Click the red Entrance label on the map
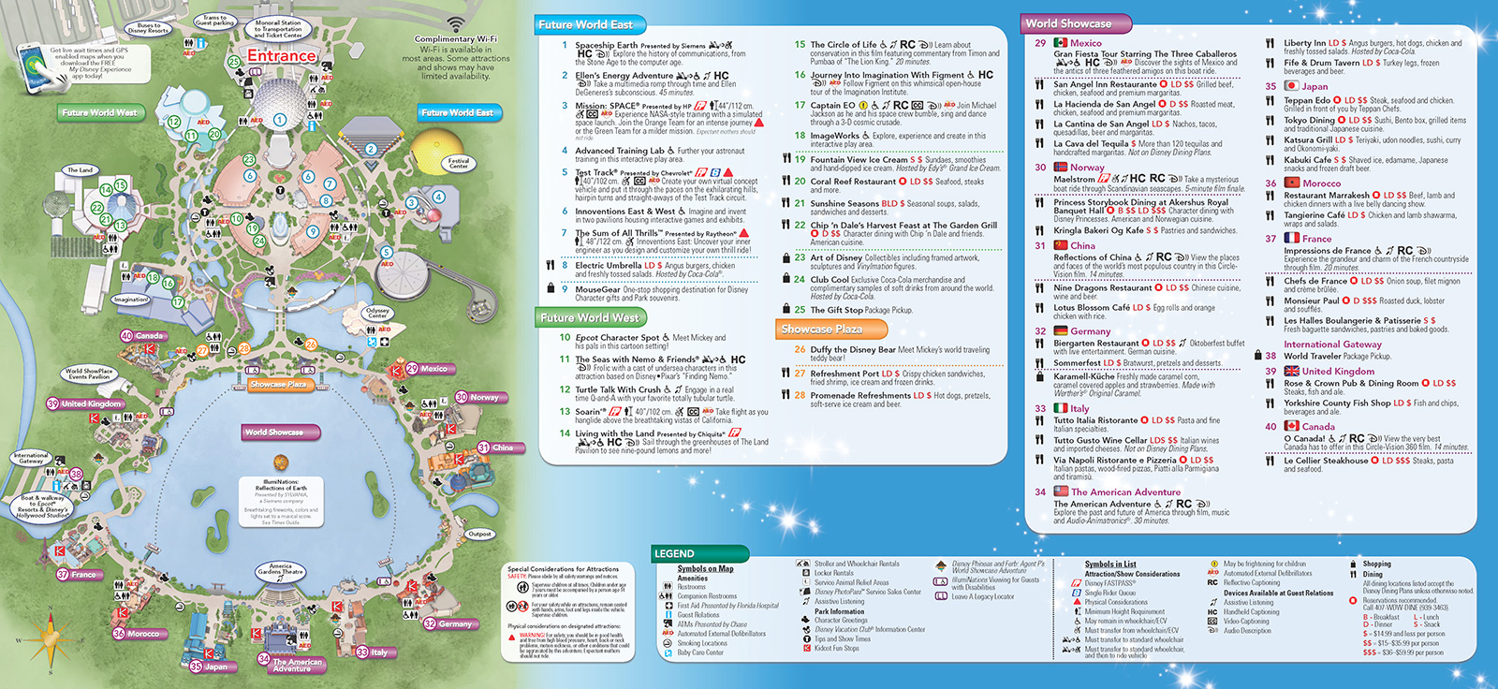click(x=282, y=56)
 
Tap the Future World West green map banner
click(x=99, y=112)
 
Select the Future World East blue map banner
click(x=457, y=112)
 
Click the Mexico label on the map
click(x=433, y=369)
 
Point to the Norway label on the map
click(x=484, y=397)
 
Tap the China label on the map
click(x=502, y=447)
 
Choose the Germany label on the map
click(x=455, y=623)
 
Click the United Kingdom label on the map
click(x=91, y=403)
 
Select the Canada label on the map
click(x=148, y=335)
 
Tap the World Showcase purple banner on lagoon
click(x=273, y=432)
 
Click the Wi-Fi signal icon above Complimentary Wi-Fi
click(x=455, y=24)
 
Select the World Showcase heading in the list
click(x=1067, y=23)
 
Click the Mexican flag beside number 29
click(x=1060, y=43)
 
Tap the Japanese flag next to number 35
click(x=1291, y=86)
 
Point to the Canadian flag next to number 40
click(x=1292, y=426)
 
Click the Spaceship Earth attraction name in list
click(x=606, y=45)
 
